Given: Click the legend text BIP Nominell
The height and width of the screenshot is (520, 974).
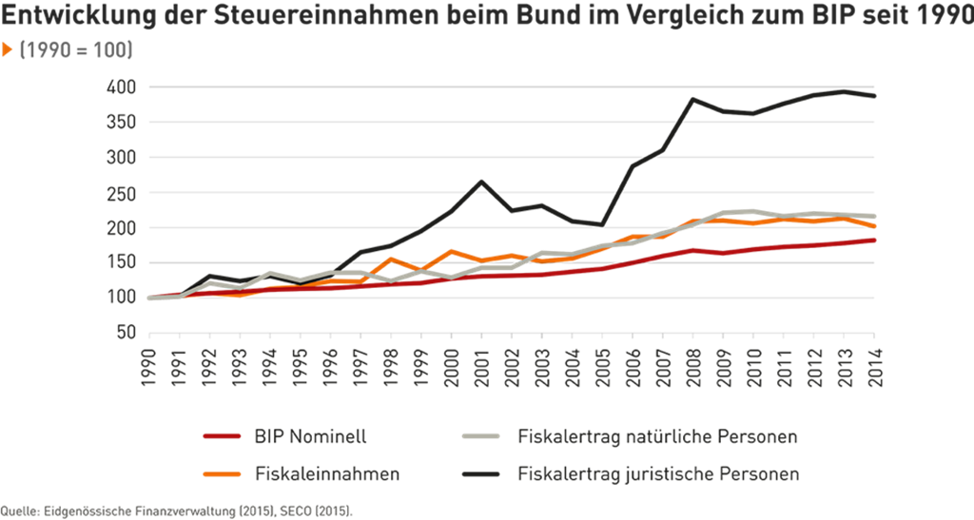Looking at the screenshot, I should click(x=310, y=438).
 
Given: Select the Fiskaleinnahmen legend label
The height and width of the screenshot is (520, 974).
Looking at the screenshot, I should click(x=327, y=473).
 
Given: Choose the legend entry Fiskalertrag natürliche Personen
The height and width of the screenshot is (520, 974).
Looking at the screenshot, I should click(x=657, y=438).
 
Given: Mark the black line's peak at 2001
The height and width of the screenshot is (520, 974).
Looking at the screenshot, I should click(x=482, y=181).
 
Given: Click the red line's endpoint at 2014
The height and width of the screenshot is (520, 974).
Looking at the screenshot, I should click(x=873, y=240).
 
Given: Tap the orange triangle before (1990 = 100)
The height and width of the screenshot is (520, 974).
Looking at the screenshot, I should click(x=8, y=49).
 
